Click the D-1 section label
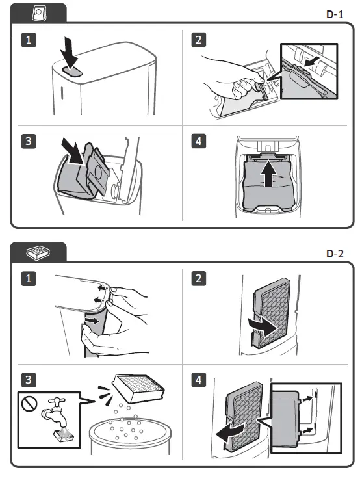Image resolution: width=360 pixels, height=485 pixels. pyautogui.click(x=335, y=14)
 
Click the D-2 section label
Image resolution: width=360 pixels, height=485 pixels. pyautogui.click(x=335, y=254)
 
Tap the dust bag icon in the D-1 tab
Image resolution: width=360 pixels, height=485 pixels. pyautogui.click(x=39, y=14)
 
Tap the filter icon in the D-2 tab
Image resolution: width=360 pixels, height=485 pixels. pyautogui.click(x=38, y=252)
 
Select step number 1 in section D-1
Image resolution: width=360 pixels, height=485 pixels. pyautogui.click(x=29, y=40)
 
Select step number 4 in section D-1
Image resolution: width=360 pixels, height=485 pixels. pyautogui.click(x=199, y=141)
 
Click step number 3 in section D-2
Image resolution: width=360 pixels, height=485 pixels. pyautogui.click(x=29, y=380)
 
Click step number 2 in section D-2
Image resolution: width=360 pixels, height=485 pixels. pyautogui.click(x=199, y=278)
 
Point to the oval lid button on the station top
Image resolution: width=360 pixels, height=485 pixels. pyautogui.click(x=72, y=72)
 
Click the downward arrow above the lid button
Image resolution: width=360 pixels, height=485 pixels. pyautogui.click(x=70, y=52)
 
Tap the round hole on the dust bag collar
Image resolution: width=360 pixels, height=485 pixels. pyautogui.click(x=98, y=172)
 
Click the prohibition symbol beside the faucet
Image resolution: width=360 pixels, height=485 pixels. pyautogui.click(x=29, y=403)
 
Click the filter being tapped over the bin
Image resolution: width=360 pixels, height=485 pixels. pyautogui.click(x=138, y=389)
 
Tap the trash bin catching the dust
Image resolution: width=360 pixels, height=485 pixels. pyautogui.click(x=130, y=436)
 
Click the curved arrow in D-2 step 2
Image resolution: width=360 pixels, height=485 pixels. pyautogui.click(x=263, y=328)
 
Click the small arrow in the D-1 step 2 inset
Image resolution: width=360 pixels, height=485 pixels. pyautogui.click(x=311, y=62)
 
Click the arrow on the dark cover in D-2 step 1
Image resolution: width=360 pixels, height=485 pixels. pyautogui.click(x=93, y=321)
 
